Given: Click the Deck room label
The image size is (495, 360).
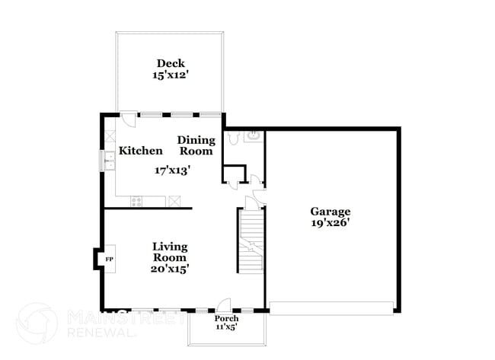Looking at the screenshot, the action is (x=171, y=63).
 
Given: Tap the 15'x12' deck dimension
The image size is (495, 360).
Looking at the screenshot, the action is (x=171, y=75).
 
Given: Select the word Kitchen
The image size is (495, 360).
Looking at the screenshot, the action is (x=141, y=151).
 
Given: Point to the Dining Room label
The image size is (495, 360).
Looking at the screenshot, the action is (x=196, y=145).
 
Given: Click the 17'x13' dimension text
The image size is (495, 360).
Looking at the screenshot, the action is (x=172, y=170).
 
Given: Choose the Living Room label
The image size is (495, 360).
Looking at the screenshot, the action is (x=170, y=252).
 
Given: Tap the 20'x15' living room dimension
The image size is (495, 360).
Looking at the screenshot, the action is (x=170, y=269).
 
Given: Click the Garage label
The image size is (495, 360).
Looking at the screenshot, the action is (x=331, y=211).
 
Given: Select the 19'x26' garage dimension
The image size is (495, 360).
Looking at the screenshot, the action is (x=331, y=223).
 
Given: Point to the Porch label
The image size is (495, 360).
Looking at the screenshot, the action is (x=227, y=318).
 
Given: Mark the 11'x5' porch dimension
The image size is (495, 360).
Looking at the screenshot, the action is (x=227, y=327).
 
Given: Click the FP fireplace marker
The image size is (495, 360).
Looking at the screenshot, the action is (x=110, y=260).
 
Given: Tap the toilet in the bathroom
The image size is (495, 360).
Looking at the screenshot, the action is (x=234, y=138).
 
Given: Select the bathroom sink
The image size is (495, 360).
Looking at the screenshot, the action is (x=253, y=136).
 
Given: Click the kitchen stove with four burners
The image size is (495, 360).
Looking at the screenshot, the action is (x=136, y=201).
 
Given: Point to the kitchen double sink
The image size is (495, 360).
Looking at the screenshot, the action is (x=110, y=161).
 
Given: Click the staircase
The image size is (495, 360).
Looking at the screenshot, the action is (x=251, y=241).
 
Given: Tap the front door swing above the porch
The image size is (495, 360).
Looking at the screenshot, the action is (x=224, y=304).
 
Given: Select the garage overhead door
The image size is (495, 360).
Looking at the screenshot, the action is (x=331, y=308).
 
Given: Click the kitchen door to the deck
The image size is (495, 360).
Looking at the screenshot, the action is (x=129, y=119).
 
